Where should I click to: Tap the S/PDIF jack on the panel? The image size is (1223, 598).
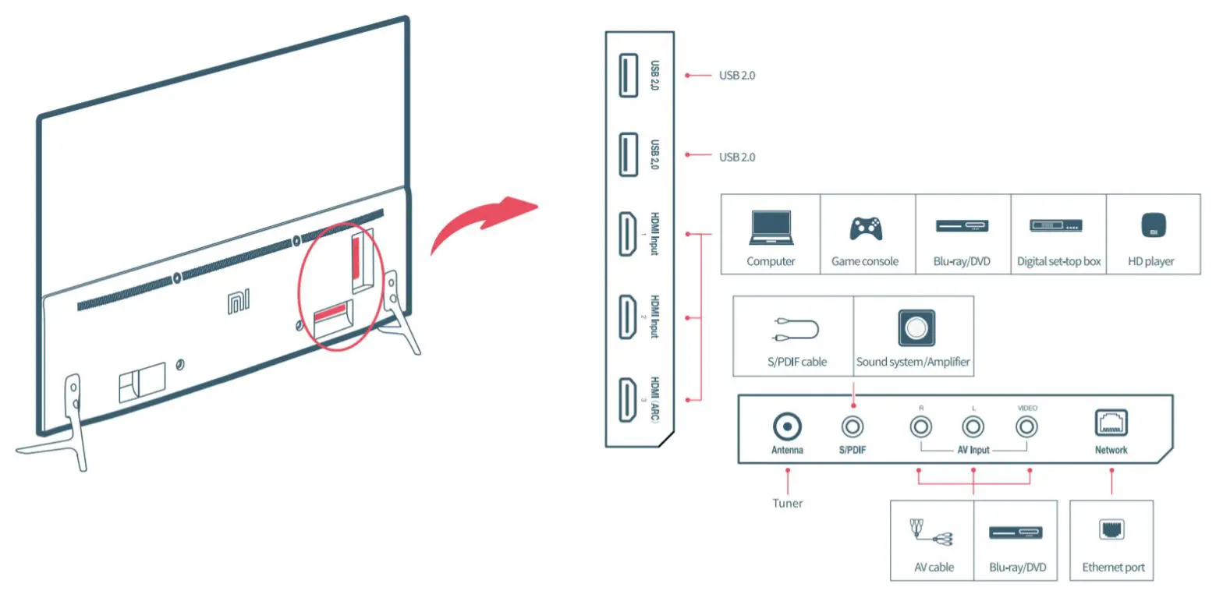tap(853, 426)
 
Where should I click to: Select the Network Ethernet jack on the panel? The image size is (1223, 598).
tap(1111, 423)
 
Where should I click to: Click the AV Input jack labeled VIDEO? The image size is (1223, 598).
tap(1027, 426)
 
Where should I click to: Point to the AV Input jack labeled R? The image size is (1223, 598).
tap(921, 426)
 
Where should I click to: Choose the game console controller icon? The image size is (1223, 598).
tap(865, 227)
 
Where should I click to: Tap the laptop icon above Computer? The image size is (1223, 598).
tap(770, 227)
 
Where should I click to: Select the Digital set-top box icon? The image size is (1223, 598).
tap(1058, 226)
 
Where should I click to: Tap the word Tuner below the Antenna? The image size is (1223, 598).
tap(787, 503)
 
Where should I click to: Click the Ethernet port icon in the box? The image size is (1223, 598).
tap(1112, 531)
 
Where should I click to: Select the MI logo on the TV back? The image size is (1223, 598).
tap(238, 303)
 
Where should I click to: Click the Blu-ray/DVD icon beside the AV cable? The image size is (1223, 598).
tap(1015, 533)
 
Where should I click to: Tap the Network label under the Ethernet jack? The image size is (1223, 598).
tap(1111, 450)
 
